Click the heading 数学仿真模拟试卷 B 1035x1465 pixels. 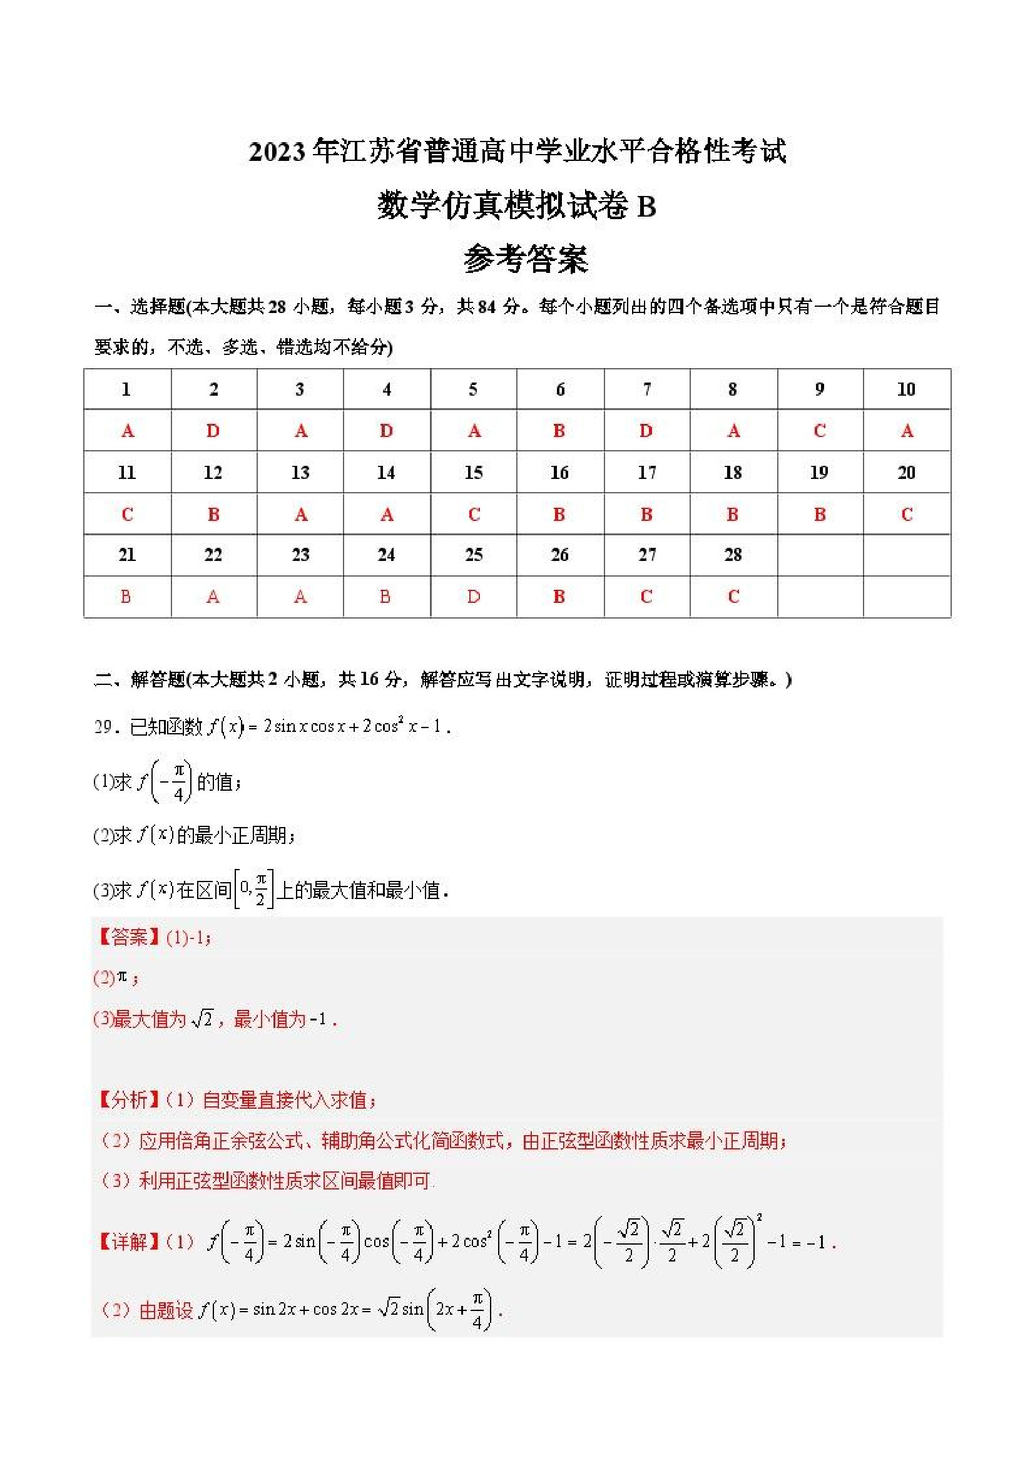coord(516,206)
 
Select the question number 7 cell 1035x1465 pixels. coord(646,389)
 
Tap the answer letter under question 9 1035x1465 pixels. coord(820,431)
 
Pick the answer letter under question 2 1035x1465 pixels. coord(213,431)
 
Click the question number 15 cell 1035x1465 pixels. coord(473,472)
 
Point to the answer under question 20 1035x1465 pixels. coord(906,514)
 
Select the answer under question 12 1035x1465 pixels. coord(213,514)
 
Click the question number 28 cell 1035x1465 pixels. coord(733,555)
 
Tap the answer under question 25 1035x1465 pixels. coord(473,597)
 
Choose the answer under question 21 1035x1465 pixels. coord(126,597)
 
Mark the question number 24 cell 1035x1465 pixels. coord(386,555)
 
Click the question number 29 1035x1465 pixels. coord(103,727)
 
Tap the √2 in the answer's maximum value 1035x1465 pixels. coord(201,1019)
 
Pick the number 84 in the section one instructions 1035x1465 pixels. coord(487,307)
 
